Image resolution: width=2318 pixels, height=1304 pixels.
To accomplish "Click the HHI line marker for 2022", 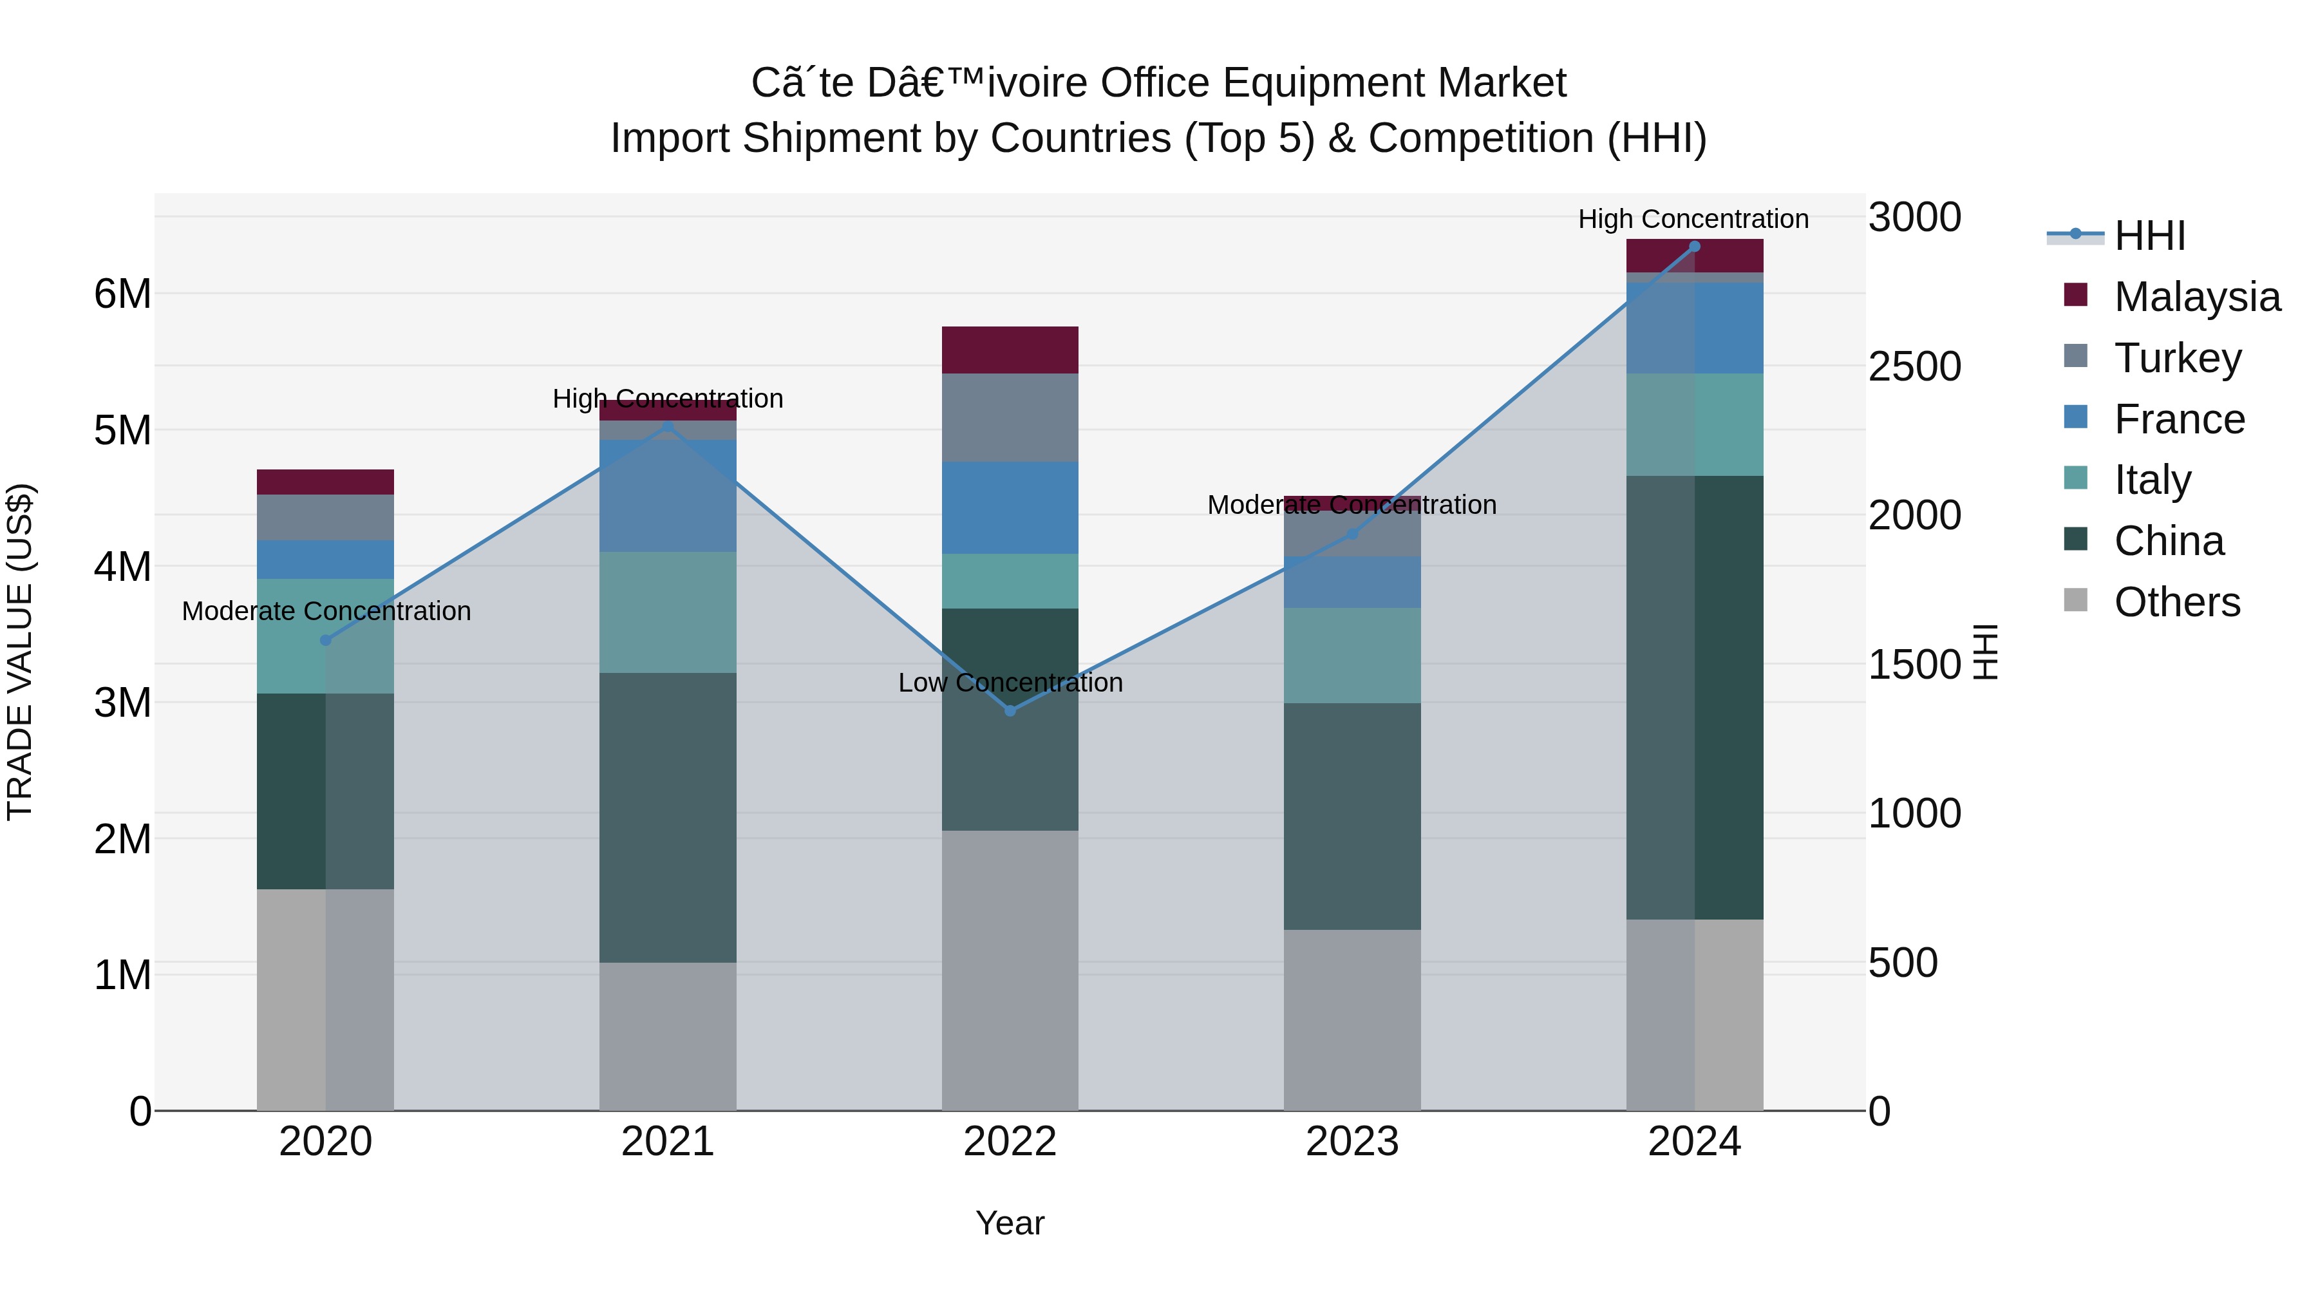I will click(1010, 711).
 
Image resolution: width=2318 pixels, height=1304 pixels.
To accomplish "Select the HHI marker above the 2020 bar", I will click(326, 641).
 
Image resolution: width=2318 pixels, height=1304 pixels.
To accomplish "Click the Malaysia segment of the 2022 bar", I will click(1010, 350).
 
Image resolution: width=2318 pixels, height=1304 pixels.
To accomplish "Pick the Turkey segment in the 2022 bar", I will click(1010, 417).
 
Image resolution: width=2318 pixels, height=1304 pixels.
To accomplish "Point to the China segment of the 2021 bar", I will click(668, 817).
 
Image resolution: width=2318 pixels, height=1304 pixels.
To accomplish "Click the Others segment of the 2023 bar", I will click(1352, 1019).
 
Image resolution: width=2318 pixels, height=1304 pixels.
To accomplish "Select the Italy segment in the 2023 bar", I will click(1352, 655).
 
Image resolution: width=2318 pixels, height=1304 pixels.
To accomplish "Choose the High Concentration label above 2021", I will click(668, 399).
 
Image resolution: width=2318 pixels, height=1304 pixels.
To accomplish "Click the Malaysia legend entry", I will click(2196, 297).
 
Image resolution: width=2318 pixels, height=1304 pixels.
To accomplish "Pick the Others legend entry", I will click(2176, 602).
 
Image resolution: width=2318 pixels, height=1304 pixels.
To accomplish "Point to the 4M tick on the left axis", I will click(122, 567).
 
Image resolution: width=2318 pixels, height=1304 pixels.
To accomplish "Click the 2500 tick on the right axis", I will click(1914, 367).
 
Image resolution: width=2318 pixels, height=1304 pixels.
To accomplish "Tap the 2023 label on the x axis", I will click(1352, 1142).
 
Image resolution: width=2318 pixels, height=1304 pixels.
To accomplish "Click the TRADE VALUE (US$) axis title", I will click(20, 652).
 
